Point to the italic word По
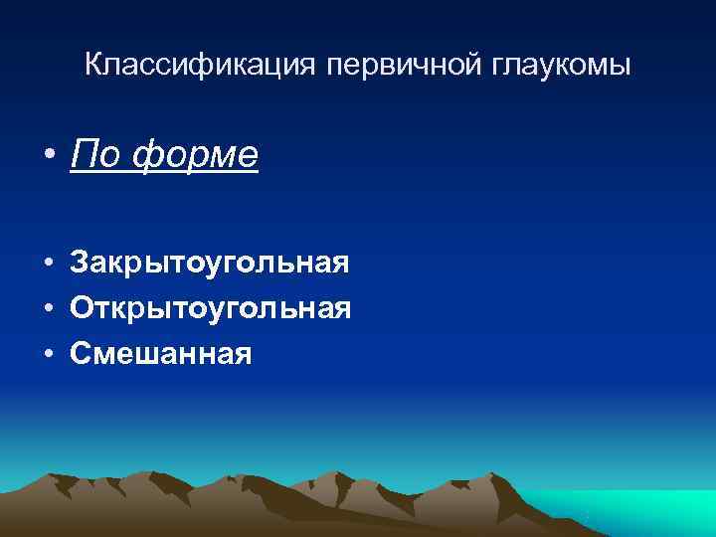tap(91, 154)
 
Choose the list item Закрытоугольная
tap(209, 264)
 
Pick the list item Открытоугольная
tap(210, 308)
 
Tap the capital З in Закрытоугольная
tap(79, 264)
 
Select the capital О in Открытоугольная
tap(81, 308)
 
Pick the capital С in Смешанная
tap(80, 353)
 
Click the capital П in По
tap(83, 154)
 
